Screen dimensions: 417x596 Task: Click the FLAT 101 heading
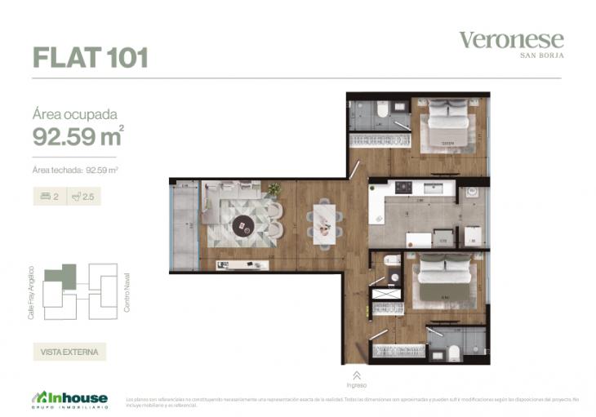[x=90, y=58]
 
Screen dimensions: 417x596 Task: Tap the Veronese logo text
[x=511, y=39]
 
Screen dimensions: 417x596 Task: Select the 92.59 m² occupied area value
[x=78, y=136]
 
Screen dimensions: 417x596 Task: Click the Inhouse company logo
[x=70, y=397]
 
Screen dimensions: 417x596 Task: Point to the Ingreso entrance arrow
[x=356, y=375]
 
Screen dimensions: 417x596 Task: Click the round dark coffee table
[x=243, y=224]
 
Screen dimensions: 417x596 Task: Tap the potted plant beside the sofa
[x=274, y=189]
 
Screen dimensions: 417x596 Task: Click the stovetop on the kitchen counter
[x=404, y=188]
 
